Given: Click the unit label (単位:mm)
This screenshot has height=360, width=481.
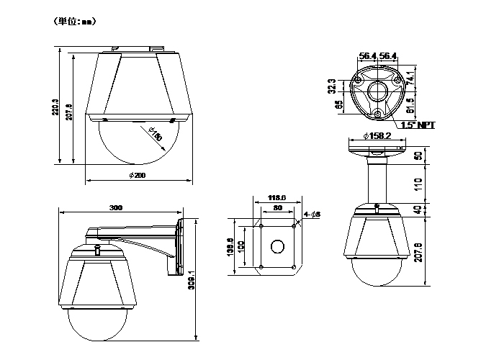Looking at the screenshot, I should (x=75, y=22).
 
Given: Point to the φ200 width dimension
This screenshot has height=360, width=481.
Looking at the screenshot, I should (x=138, y=176).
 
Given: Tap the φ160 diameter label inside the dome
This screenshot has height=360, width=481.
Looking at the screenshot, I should (x=153, y=134).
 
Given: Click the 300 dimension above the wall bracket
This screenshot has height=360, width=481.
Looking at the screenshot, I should (x=116, y=208).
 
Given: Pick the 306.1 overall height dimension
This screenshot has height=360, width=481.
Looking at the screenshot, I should (x=191, y=281).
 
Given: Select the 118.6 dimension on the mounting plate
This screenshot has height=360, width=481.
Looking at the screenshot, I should (x=277, y=198).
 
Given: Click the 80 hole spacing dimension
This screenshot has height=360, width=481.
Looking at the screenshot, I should (x=277, y=210).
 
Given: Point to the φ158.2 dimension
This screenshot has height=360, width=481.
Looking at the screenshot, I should (x=377, y=135).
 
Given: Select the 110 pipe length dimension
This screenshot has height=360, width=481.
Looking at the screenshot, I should (x=418, y=184).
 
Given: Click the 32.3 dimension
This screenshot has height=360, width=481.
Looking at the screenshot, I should (x=331, y=86).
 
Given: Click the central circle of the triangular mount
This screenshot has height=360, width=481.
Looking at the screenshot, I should (x=377, y=91).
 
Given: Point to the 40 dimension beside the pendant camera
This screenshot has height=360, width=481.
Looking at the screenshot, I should (x=418, y=210).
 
